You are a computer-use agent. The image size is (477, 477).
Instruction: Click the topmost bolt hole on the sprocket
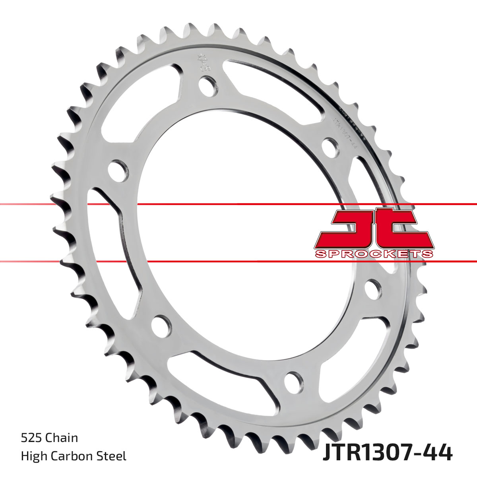pos(208,85)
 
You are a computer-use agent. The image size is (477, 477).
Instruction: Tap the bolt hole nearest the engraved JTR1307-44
pos(330,145)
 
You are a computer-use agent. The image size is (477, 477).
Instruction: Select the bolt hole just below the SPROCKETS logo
pos(372,289)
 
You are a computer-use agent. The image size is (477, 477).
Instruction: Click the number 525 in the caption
pos(32,438)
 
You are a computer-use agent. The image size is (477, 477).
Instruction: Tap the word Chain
pos(62,438)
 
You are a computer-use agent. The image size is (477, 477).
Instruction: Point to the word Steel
pos(113,456)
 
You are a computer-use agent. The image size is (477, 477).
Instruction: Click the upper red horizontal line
pos(238,204)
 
